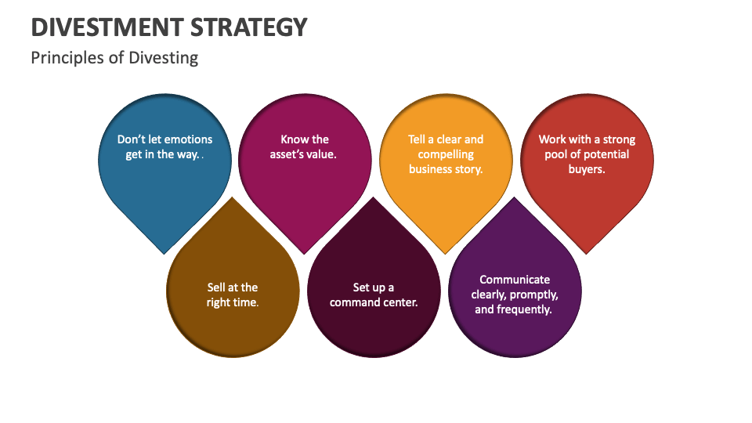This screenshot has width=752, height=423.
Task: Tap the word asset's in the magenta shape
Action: (x=287, y=154)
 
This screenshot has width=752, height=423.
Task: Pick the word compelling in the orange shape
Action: (x=446, y=154)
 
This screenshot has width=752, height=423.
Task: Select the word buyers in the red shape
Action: (x=587, y=169)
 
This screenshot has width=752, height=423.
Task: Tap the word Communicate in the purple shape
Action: (x=515, y=280)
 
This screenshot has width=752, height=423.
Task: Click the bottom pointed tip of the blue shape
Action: (x=164, y=253)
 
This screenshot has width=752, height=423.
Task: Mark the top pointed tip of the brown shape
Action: (x=233, y=197)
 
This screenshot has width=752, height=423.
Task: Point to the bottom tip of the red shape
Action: (x=587, y=253)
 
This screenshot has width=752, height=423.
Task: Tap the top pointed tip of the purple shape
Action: (x=515, y=197)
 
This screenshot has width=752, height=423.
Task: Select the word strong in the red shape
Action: (x=620, y=139)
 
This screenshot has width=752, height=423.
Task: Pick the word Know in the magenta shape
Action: (x=295, y=139)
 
